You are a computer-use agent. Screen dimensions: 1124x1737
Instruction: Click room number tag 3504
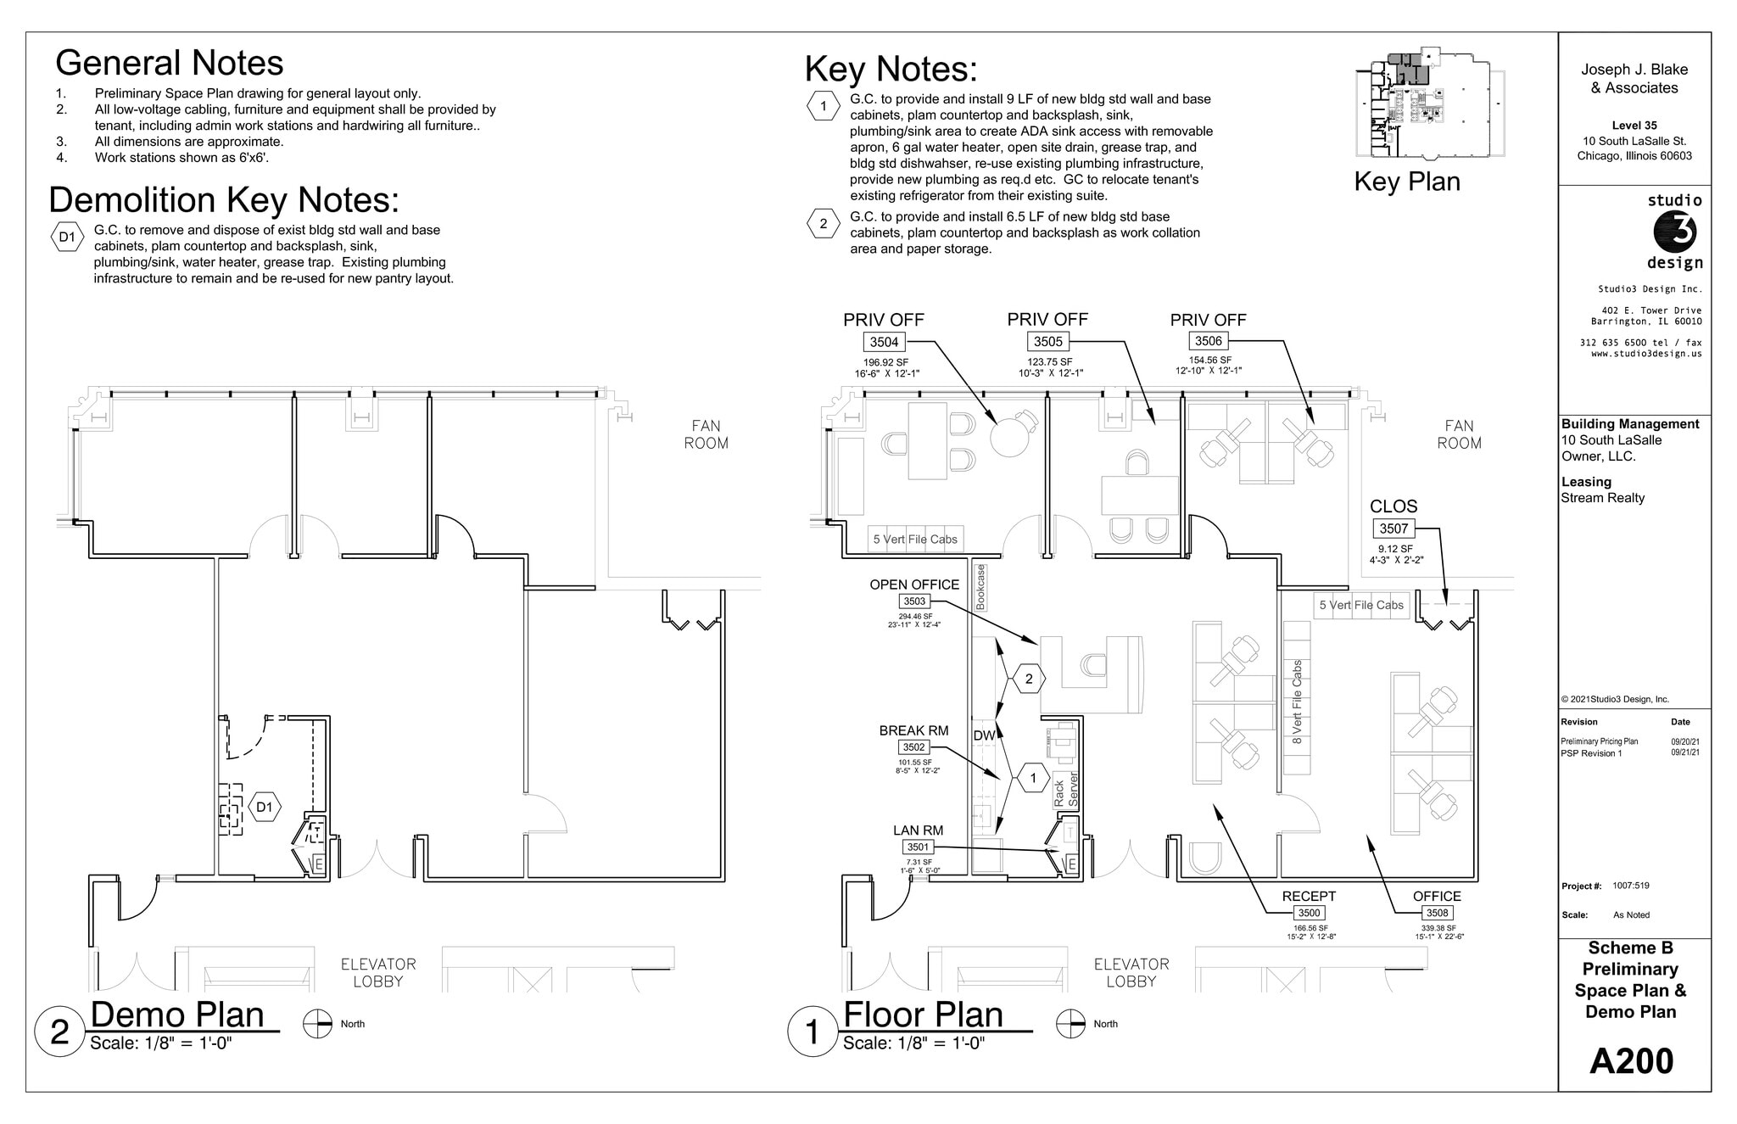tap(884, 342)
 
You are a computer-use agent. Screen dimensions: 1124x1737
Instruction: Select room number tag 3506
tap(1208, 341)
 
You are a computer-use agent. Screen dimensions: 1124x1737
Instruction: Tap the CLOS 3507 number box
tap(1394, 528)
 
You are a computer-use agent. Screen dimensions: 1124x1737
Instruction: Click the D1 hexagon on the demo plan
tap(265, 807)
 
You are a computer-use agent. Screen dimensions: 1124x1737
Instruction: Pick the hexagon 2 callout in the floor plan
tap(1029, 679)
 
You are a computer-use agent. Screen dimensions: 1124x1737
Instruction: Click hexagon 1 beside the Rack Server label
tap(1033, 778)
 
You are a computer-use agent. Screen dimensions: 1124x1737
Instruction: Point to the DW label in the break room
tap(984, 735)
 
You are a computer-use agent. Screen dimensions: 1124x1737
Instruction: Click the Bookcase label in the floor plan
tap(980, 588)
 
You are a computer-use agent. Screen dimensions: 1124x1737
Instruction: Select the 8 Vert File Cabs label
tap(1297, 702)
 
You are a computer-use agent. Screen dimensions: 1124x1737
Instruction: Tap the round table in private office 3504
tap(1009, 439)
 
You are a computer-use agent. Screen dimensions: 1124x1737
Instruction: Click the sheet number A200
tap(1631, 1061)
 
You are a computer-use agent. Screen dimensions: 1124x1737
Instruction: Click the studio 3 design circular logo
tap(1675, 232)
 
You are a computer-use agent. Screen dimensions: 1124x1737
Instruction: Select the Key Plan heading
tap(1406, 182)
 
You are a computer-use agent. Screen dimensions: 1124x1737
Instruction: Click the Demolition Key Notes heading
tap(224, 200)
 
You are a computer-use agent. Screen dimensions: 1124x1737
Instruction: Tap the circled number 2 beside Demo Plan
tap(59, 1032)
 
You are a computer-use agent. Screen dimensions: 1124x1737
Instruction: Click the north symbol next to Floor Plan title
tap(1070, 1024)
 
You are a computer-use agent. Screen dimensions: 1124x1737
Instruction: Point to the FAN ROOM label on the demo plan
tap(706, 434)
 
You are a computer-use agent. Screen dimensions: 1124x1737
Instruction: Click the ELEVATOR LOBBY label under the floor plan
tap(1131, 973)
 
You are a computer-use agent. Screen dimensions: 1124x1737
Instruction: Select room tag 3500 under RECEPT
tap(1309, 913)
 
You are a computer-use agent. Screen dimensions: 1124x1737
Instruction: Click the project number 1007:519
tap(1631, 886)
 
